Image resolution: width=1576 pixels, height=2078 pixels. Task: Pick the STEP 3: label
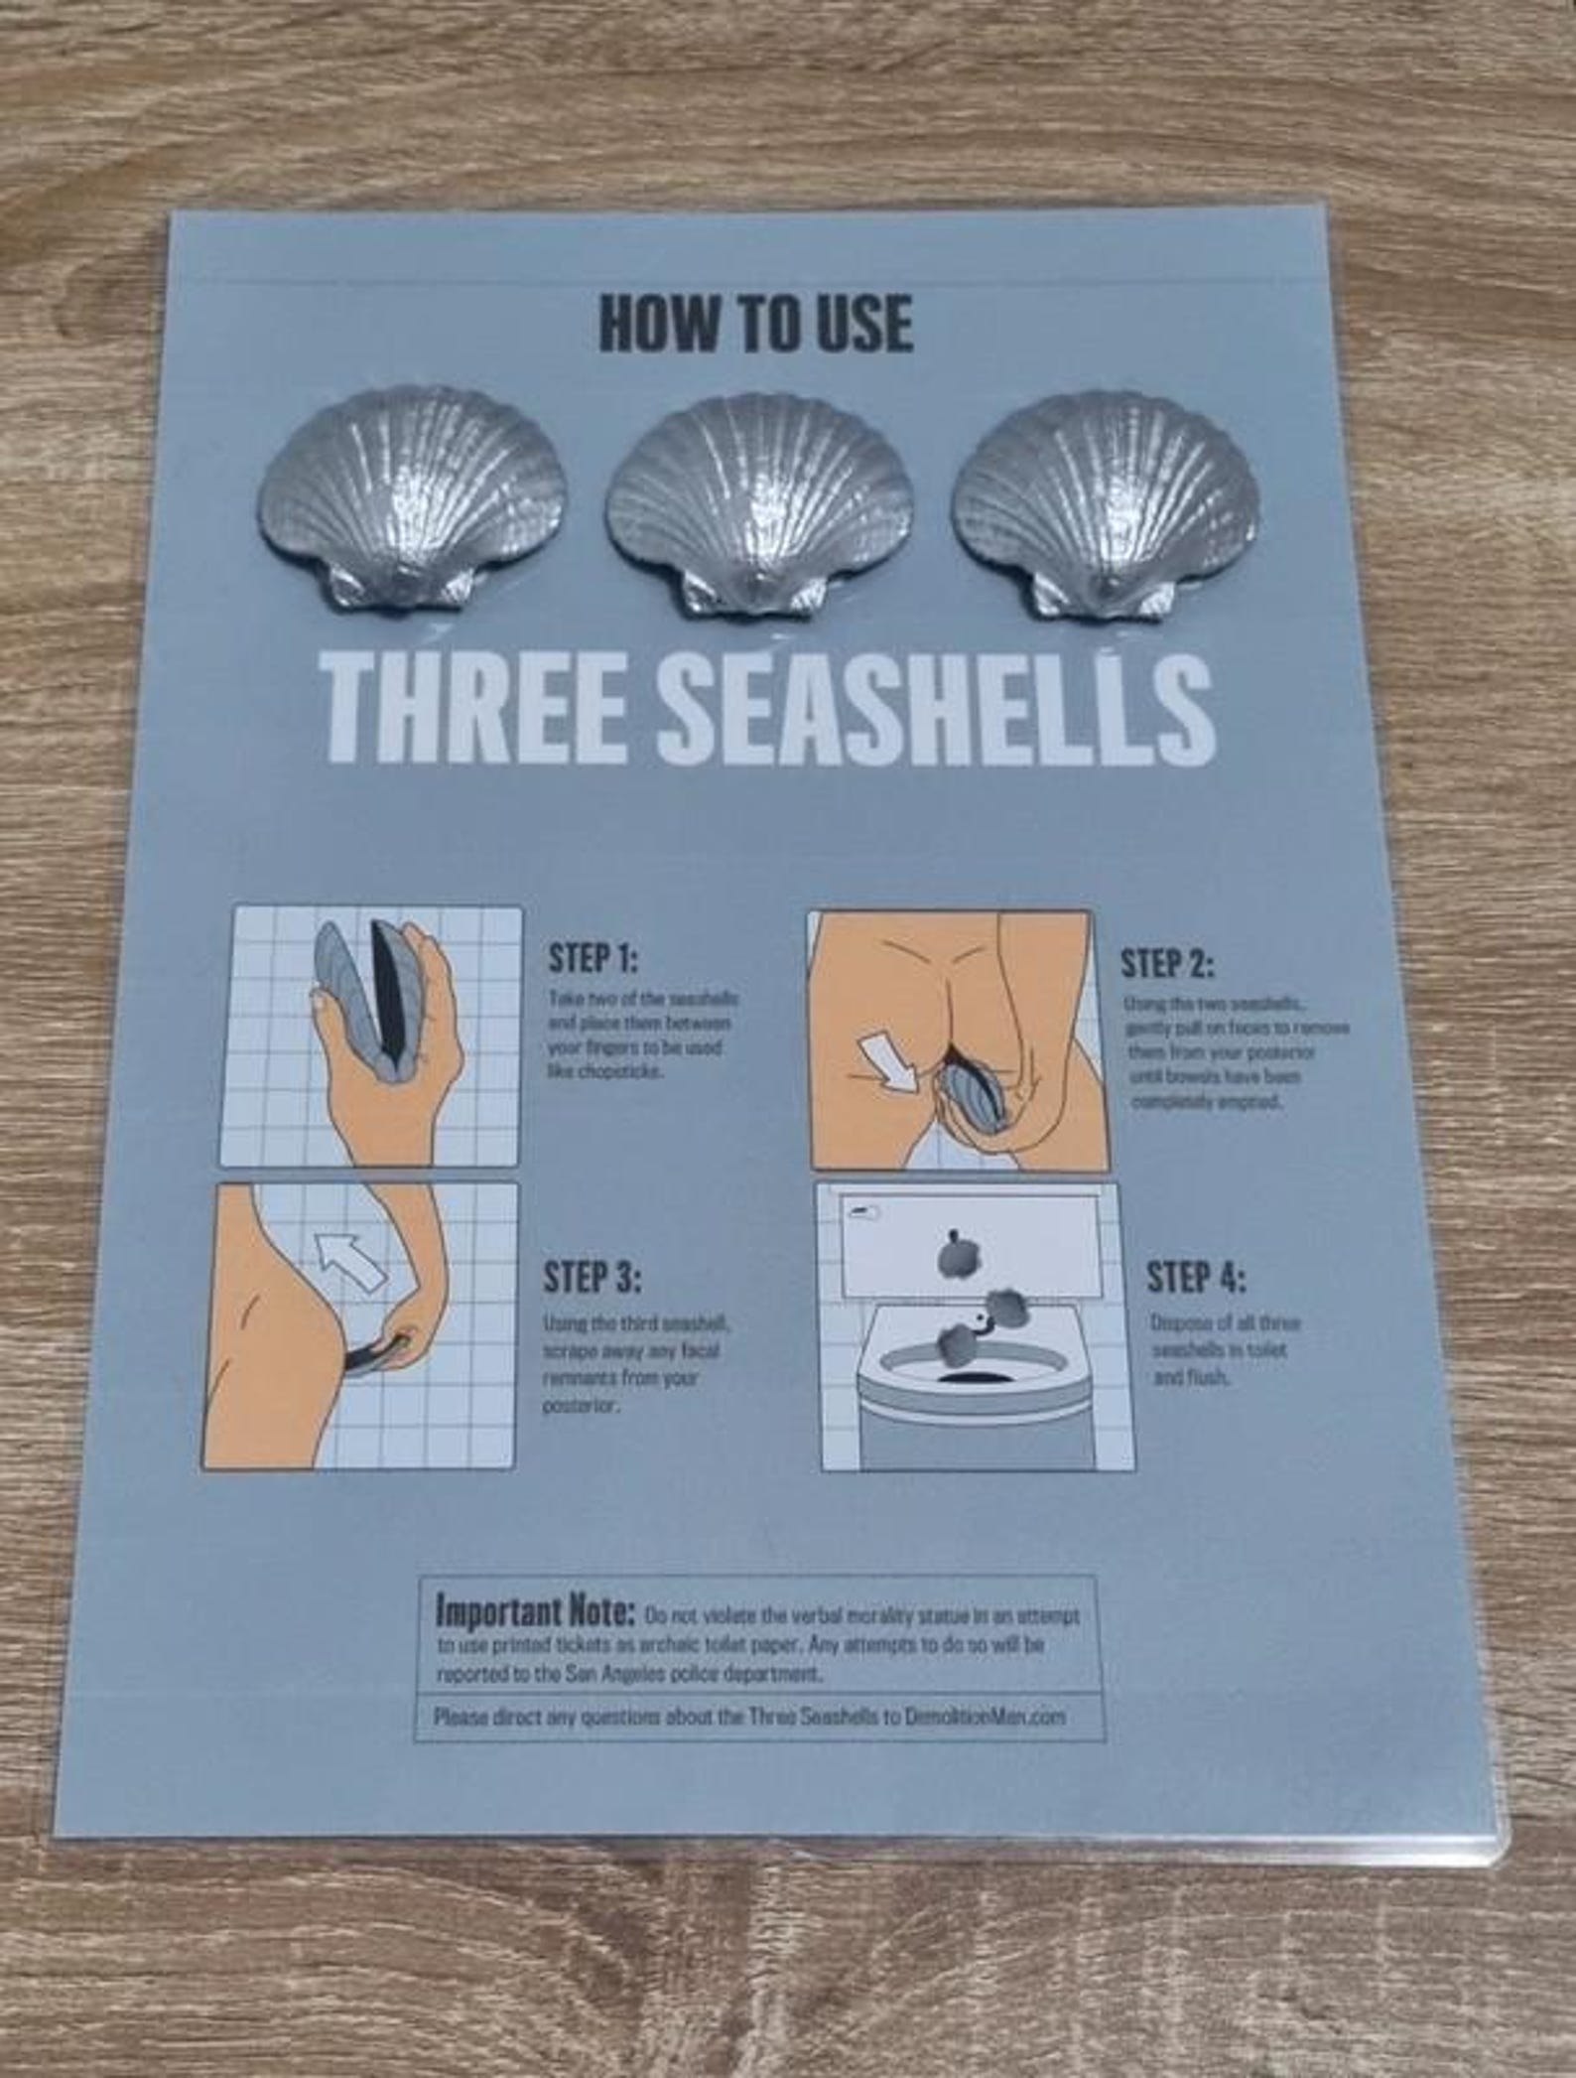coord(591,1277)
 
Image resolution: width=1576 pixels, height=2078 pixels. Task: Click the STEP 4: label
coord(1197,1277)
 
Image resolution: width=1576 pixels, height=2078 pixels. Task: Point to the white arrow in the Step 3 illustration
coord(352,1260)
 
